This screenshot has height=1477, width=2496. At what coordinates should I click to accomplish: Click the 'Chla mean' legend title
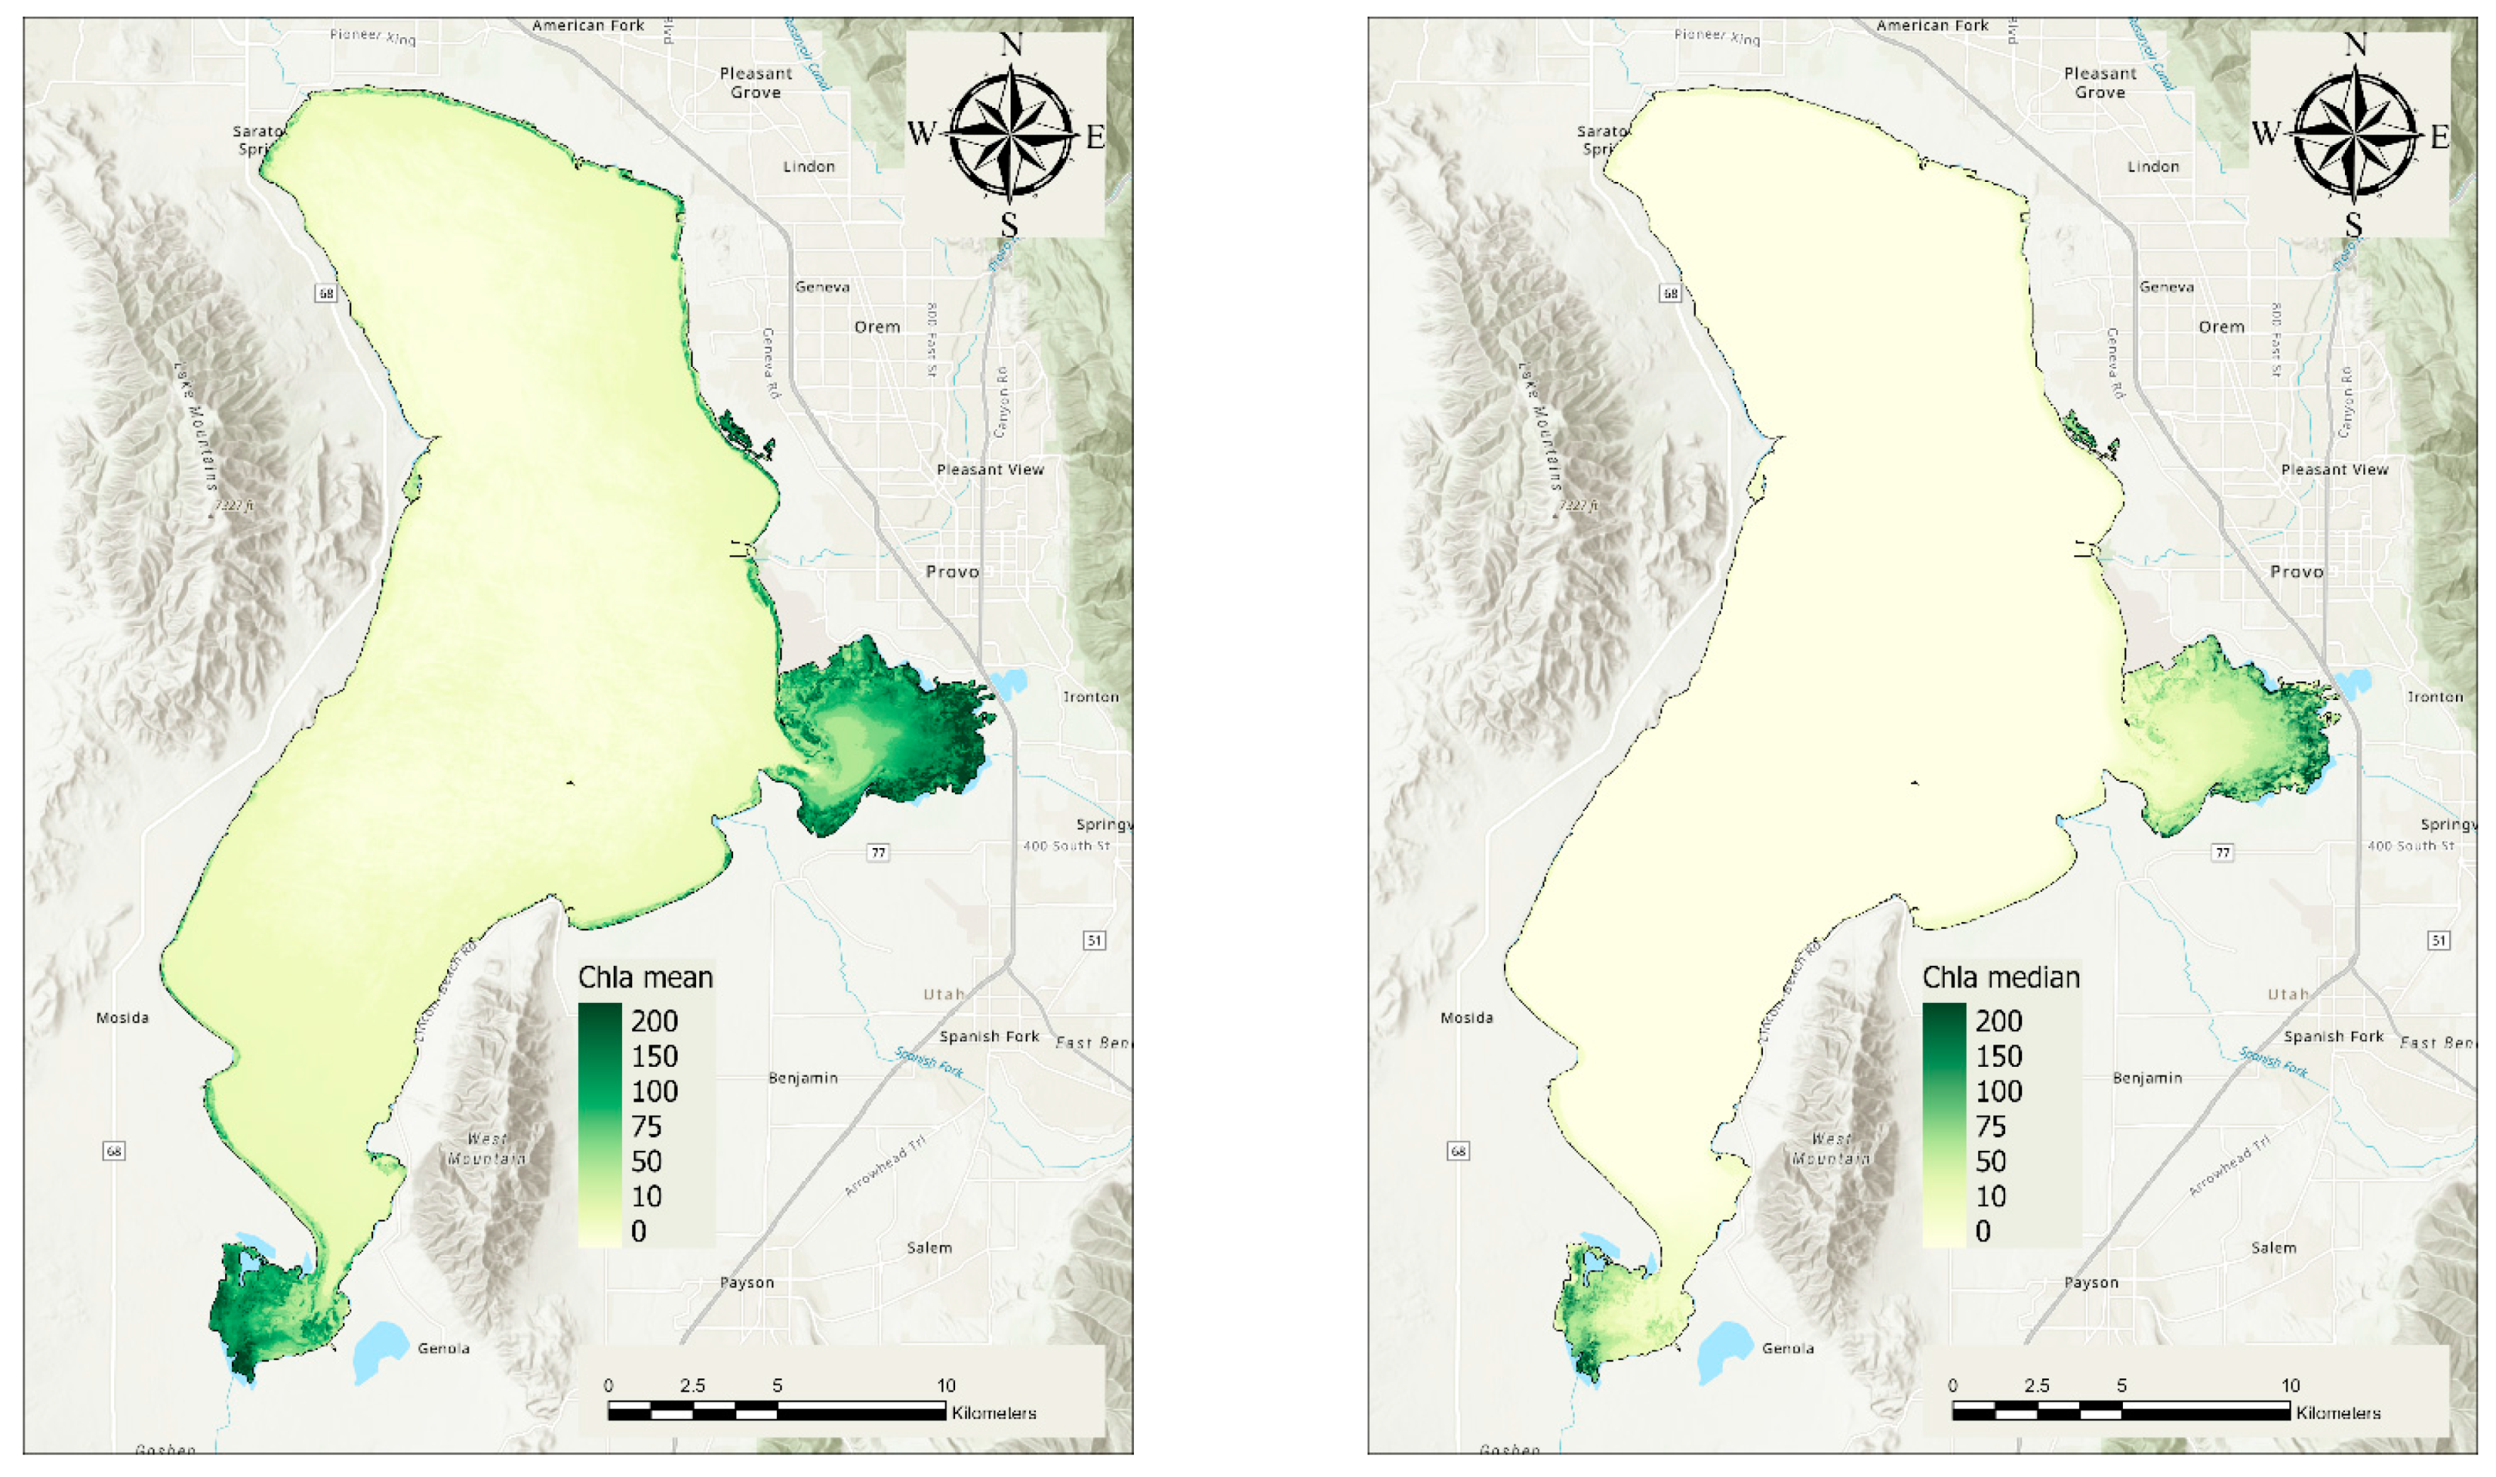[x=645, y=977]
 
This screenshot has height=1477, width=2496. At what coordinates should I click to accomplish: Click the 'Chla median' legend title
[x=2000, y=977]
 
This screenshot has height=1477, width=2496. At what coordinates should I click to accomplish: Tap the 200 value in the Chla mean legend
[x=654, y=1021]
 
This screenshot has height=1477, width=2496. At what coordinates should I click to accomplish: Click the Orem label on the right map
[x=2222, y=326]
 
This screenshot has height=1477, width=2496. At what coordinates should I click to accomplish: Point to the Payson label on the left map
[x=746, y=1282]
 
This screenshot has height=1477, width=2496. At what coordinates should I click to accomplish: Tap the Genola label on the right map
[x=1788, y=1347]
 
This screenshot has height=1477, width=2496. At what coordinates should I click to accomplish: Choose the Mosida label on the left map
[x=123, y=1018]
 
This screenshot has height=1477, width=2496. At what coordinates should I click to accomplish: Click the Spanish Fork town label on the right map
[x=2333, y=1036]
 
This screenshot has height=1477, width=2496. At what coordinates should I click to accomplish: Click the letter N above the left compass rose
[x=1010, y=45]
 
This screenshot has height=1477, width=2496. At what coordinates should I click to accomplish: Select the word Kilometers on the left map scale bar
[x=993, y=1412]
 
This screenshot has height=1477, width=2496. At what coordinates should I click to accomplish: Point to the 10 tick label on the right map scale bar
[x=2290, y=1384]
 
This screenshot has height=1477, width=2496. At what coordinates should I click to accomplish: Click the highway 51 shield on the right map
[x=2437, y=940]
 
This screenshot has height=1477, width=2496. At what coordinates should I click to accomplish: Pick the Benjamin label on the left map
[x=802, y=1078]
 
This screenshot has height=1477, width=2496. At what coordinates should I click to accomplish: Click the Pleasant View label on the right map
[x=2334, y=469]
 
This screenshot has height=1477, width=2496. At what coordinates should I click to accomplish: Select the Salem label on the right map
[x=2273, y=1247]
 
